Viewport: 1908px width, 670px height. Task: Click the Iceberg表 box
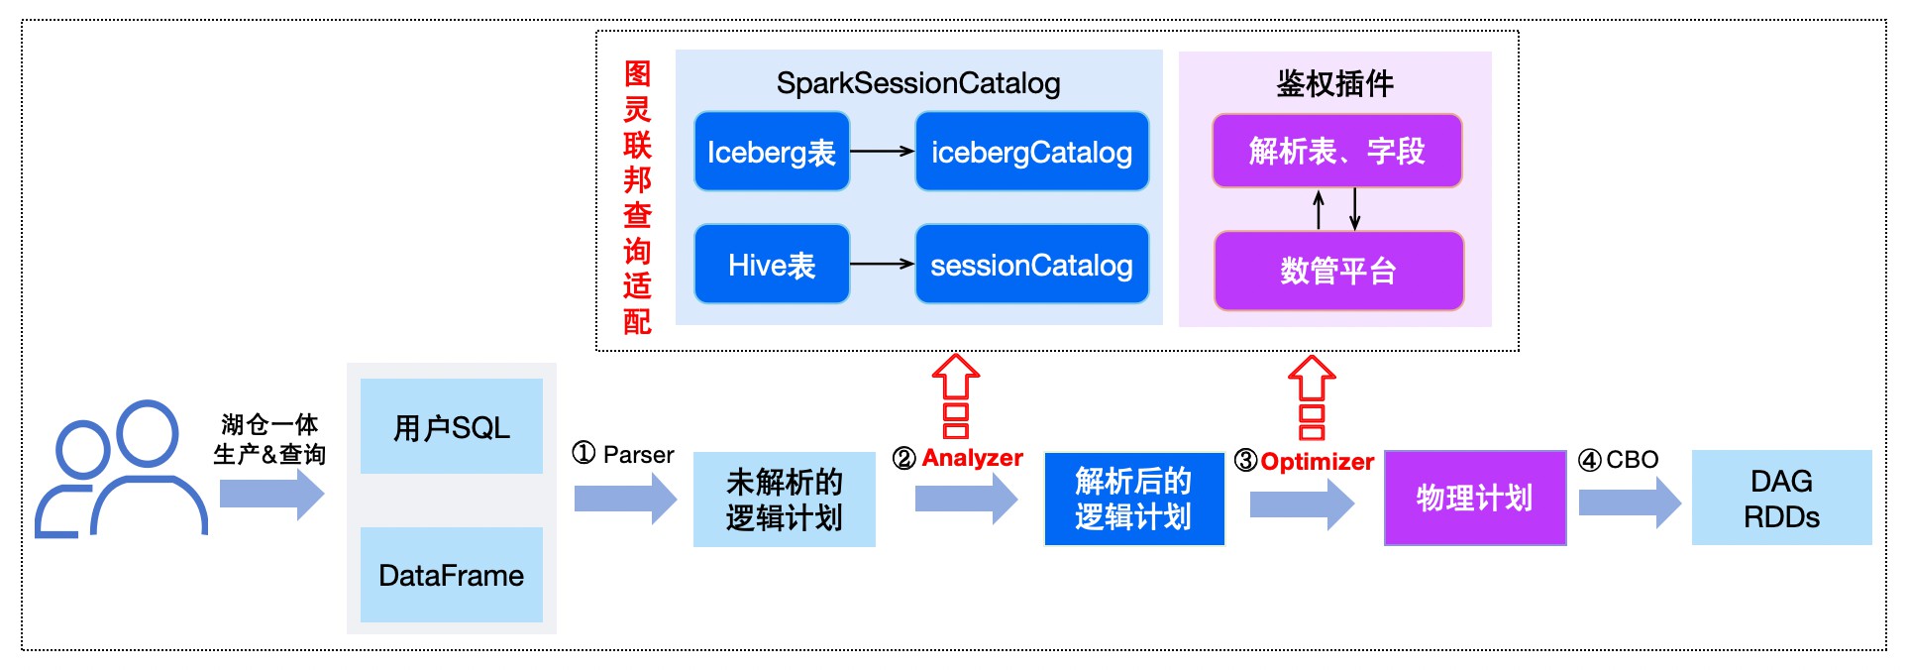(x=772, y=152)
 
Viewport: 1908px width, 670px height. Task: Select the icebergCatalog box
(x=1031, y=152)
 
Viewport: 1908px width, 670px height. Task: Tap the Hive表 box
(x=772, y=265)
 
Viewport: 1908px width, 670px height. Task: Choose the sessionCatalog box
(x=1031, y=265)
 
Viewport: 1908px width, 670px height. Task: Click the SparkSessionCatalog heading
(x=918, y=83)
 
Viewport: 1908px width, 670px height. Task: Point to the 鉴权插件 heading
(x=1334, y=83)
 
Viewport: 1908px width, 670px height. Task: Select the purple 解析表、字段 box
(x=1336, y=151)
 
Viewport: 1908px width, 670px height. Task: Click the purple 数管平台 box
(x=1338, y=271)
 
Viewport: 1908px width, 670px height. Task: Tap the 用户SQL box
(x=452, y=427)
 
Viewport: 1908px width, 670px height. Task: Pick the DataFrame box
(x=452, y=575)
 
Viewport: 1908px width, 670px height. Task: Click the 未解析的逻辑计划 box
(x=784, y=500)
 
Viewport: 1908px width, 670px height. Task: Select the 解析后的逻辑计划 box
(x=1133, y=499)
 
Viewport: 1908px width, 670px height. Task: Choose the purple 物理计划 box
(x=1474, y=498)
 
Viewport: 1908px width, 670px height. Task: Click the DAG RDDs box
(x=1781, y=498)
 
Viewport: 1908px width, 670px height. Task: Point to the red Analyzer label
(x=972, y=458)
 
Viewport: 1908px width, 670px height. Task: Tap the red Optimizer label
(x=1317, y=462)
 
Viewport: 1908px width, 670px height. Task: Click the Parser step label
(x=638, y=455)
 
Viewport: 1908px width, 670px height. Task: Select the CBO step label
(x=1632, y=460)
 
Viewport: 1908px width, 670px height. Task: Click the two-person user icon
(x=121, y=470)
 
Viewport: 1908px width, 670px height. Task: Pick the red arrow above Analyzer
(x=955, y=395)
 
